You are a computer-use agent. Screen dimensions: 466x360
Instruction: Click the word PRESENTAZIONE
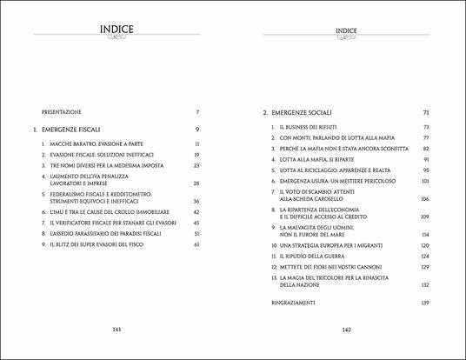click(x=63, y=112)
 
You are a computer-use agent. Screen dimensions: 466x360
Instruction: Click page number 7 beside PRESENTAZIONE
click(x=198, y=112)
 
